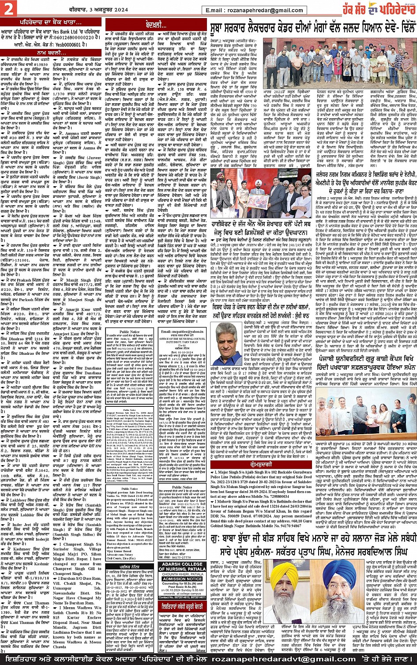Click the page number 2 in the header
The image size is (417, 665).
9,8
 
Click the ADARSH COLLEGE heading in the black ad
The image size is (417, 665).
183,564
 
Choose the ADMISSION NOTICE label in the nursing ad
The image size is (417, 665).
183,579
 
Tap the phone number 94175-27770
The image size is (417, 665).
182,557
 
